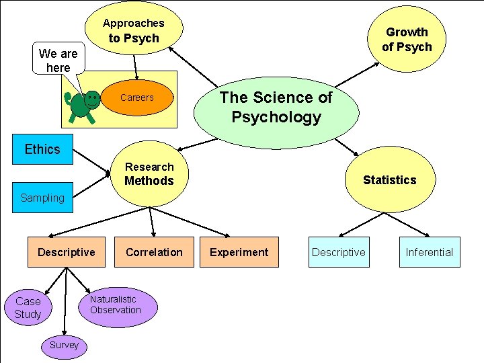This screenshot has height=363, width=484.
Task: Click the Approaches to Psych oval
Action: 134,30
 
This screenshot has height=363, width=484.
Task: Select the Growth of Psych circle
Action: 406,40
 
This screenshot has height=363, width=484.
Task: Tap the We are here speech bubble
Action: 58,60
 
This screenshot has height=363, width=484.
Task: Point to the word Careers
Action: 137,97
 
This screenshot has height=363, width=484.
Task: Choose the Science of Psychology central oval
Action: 276,108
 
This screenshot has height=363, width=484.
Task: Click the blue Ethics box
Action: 42,149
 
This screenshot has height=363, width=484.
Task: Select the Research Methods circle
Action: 149,174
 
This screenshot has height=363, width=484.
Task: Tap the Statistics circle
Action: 389,179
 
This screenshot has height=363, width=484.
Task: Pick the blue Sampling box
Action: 42,198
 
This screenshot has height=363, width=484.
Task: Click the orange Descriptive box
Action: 67,252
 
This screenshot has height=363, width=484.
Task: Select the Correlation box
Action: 154,252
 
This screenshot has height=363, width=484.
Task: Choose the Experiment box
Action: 239,252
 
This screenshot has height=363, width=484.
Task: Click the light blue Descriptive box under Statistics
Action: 339,252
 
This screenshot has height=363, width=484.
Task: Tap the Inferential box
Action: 430,252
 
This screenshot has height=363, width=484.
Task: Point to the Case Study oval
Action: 28,308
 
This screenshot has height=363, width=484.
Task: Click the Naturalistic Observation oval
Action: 116,305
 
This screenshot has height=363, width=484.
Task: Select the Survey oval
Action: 64,345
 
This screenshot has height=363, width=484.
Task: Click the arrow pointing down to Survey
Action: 65,302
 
